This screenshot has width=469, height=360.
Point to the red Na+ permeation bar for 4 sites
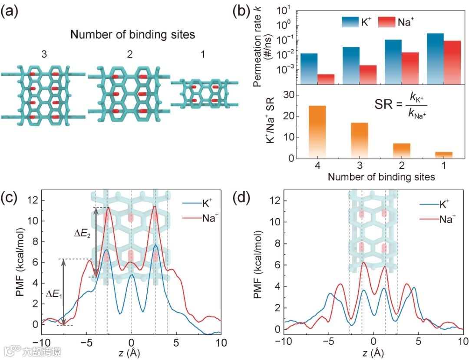pos(326,79)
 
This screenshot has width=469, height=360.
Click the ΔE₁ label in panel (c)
pos(54,295)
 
